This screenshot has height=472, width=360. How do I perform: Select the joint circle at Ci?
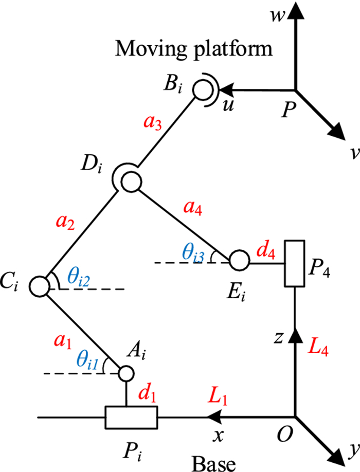point(39,284)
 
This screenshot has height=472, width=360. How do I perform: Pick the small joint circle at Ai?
point(125,373)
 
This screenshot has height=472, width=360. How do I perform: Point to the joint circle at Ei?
point(239,260)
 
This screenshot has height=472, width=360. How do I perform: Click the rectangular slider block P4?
point(294,263)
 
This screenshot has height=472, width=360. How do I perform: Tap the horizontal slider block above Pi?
point(131,417)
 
